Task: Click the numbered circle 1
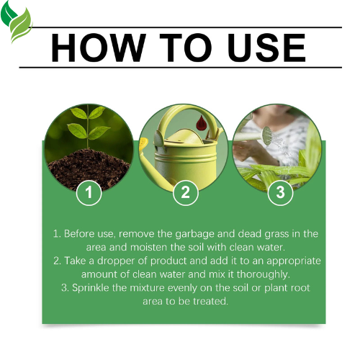[x=89, y=192]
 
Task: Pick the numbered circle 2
[x=185, y=192]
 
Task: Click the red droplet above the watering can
[x=198, y=125]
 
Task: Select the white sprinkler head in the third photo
[x=266, y=133]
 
